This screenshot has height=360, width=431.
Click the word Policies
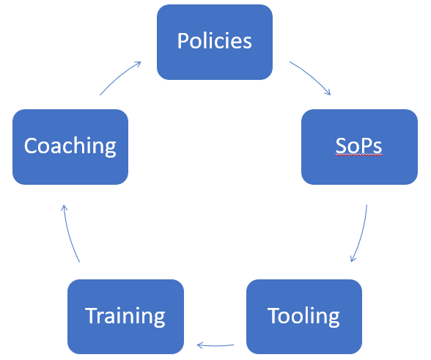214,41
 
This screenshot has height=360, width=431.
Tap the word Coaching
70,147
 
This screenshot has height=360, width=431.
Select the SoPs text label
358,146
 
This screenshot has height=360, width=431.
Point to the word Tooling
303,317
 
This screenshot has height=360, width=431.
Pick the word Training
125,317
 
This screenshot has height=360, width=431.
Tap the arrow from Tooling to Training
215,345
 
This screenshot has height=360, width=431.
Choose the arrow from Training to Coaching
69,234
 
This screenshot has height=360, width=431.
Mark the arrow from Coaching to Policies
118,77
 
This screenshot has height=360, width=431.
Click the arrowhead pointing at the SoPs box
328,92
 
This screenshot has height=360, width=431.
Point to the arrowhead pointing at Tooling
353,259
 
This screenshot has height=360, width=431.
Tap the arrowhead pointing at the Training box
199,345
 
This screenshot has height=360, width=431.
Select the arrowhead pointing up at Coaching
64,207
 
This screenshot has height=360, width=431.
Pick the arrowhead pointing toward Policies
138,64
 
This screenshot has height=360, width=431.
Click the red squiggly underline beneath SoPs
358,155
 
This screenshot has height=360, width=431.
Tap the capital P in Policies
183,41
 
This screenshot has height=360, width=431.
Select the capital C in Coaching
30,146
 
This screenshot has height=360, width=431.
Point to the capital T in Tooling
273,316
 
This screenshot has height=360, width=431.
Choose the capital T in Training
92,316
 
